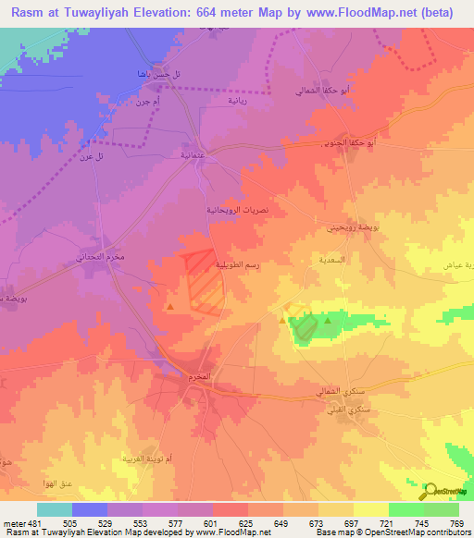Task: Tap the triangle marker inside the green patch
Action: click(x=328, y=321)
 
